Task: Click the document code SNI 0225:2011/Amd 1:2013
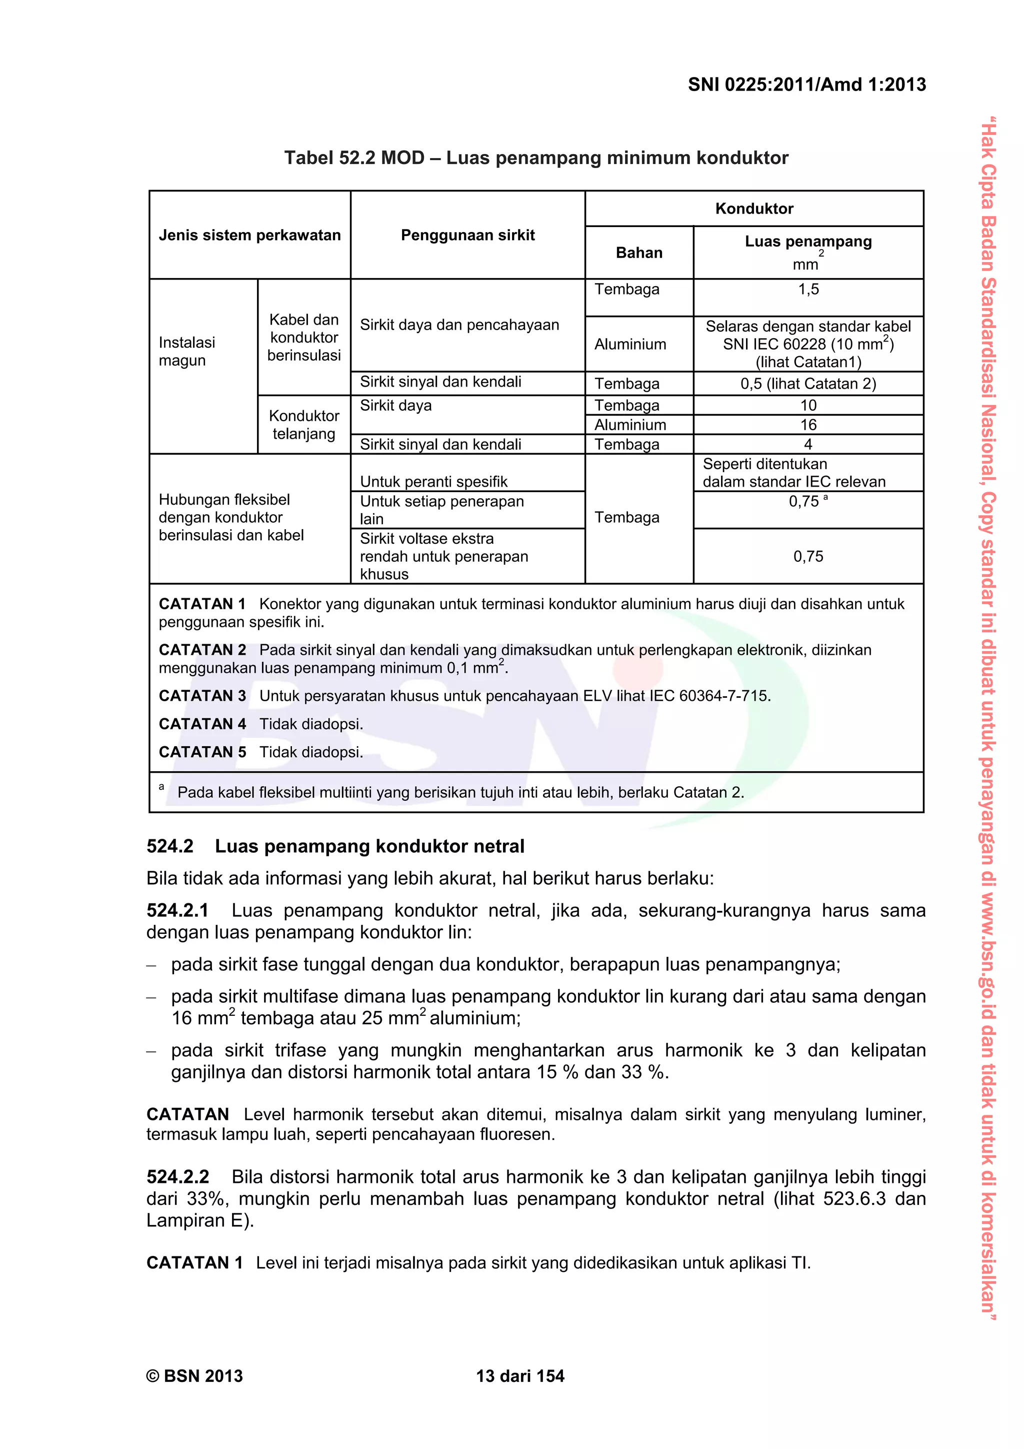click(x=806, y=85)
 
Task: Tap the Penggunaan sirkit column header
click(x=467, y=236)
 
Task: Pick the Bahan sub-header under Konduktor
click(x=638, y=253)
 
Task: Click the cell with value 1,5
click(x=807, y=290)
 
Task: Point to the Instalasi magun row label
click(x=187, y=352)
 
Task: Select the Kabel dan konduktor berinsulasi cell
click(x=303, y=338)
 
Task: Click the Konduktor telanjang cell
click(x=303, y=425)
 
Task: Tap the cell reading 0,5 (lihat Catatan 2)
click(x=807, y=384)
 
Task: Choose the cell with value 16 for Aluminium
click(x=807, y=425)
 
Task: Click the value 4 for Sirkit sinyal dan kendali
click(x=807, y=444)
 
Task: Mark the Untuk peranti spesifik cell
click(x=433, y=482)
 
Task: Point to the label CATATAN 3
click(x=202, y=696)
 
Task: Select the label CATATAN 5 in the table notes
click(x=202, y=752)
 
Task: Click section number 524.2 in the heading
click(x=169, y=846)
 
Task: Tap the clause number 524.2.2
click(x=177, y=1177)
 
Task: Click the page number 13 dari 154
click(x=520, y=1376)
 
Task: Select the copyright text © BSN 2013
click(x=194, y=1376)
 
